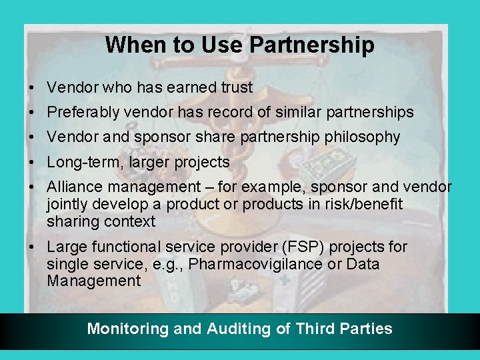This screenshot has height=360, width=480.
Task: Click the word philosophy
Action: click(x=363, y=137)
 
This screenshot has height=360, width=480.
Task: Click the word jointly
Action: click(x=68, y=204)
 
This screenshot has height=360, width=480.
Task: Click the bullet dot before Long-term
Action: click(x=33, y=163)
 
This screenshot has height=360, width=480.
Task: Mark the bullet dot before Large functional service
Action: click(x=33, y=247)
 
